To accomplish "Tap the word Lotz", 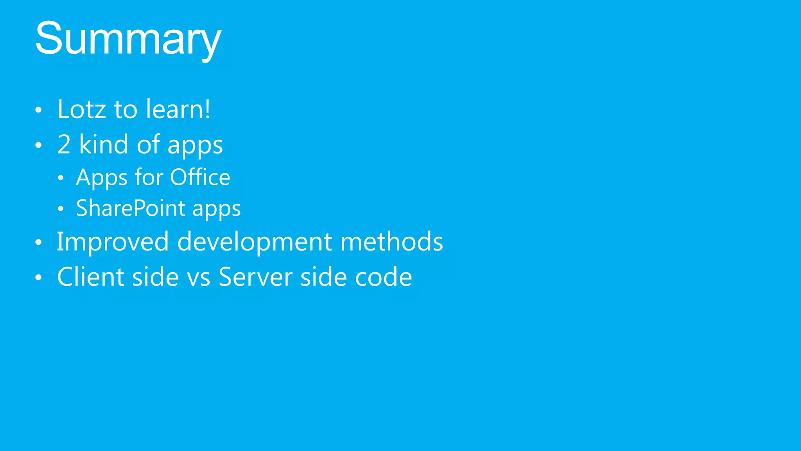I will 81,109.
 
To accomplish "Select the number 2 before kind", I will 64,144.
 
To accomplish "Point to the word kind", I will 104,144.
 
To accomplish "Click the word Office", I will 200,177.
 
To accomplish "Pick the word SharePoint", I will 131,208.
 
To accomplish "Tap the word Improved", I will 113,242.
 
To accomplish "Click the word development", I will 255,242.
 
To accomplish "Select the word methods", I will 392,242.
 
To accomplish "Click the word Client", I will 91,277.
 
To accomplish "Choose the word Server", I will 255,277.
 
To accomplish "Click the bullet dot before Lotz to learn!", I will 38,110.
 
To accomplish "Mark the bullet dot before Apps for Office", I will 60,178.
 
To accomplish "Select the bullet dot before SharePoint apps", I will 60,209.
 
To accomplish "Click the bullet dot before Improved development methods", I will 38,242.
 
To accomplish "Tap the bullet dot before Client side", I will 38,278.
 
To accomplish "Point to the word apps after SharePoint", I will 216,209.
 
